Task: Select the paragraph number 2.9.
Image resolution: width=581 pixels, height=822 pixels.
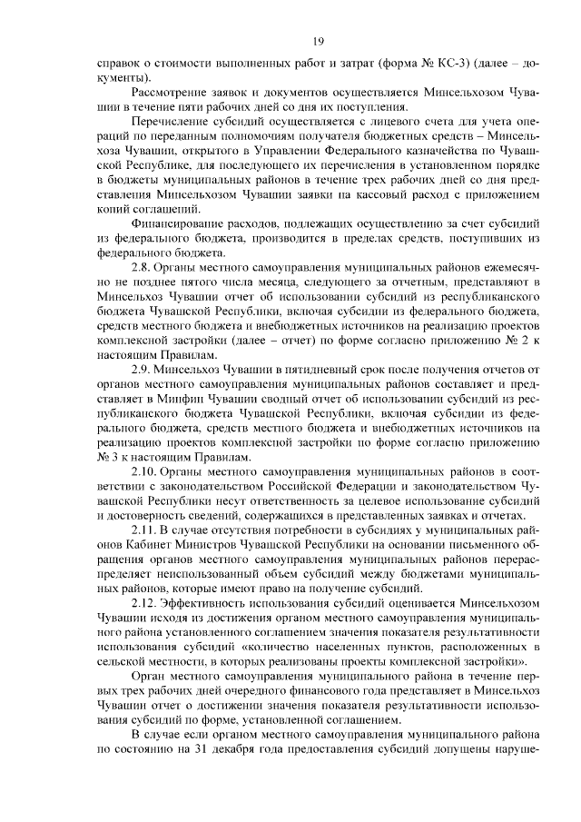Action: (x=143, y=371)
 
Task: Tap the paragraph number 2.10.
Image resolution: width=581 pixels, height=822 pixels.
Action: (x=146, y=472)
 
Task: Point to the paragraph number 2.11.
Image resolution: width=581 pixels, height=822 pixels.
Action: (x=146, y=530)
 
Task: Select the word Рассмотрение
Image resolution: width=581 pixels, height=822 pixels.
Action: (x=172, y=93)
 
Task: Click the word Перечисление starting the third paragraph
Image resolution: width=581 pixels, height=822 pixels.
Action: (x=171, y=122)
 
